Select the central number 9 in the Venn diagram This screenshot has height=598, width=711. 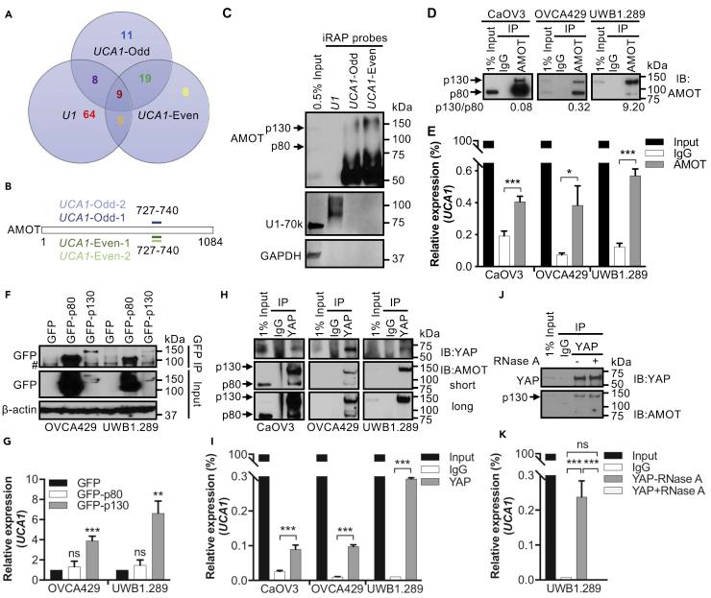[x=119, y=96]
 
